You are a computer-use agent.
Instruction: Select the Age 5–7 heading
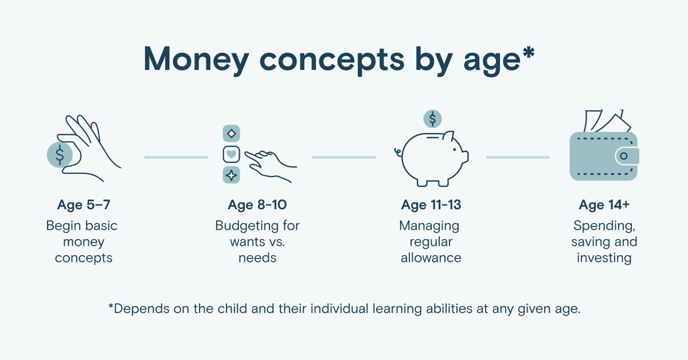(x=84, y=205)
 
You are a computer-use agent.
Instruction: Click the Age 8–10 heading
(x=257, y=205)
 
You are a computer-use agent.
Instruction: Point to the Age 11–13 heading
(x=431, y=205)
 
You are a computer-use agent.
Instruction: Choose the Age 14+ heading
(x=604, y=205)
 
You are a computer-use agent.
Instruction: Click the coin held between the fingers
(x=60, y=155)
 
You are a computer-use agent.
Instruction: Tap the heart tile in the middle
(x=231, y=154)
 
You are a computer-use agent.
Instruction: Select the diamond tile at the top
(x=231, y=134)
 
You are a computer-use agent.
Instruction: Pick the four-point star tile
(x=231, y=175)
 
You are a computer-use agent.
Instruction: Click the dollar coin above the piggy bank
(x=432, y=119)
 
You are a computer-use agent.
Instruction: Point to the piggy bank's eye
(x=455, y=150)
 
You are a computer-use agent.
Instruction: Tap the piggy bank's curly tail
(x=398, y=152)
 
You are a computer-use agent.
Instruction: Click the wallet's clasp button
(x=624, y=156)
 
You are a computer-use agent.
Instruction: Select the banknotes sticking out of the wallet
(x=607, y=121)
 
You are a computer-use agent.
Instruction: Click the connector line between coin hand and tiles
(x=176, y=157)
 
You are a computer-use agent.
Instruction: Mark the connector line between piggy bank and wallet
(x=518, y=157)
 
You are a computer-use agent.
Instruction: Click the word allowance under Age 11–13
(x=431, y=258)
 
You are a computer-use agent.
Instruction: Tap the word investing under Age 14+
(x=604, y=259)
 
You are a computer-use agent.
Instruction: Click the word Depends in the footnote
(x=141, y=309)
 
